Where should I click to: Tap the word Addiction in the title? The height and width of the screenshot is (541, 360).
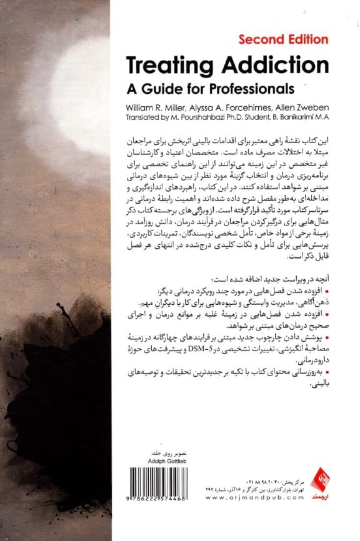(268, 64)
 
